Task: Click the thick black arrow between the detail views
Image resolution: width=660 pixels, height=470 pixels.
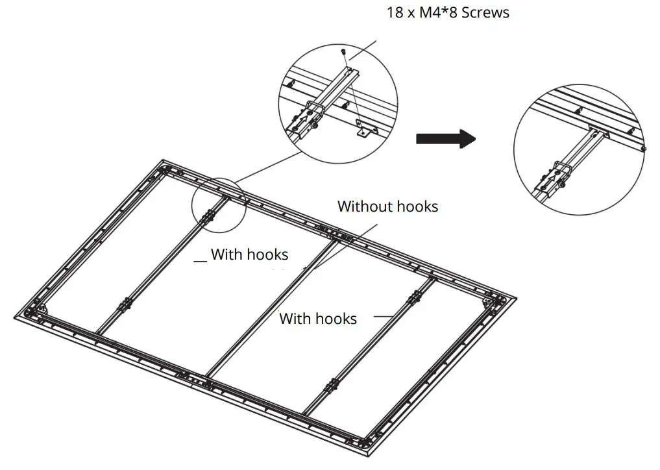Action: pyautogui.click(x=445, y=138)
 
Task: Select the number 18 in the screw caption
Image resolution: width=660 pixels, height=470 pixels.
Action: pyautogui.click(x=395, y=12)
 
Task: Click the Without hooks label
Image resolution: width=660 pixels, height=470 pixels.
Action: pyautogui.click(x=387, y=206)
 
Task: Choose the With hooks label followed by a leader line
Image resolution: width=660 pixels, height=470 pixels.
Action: pyautogui.click(x=317, y=318)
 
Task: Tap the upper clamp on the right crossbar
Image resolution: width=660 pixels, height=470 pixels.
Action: pyautogui.click(x=413, y=299)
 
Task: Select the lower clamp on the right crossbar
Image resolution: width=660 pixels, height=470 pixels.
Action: pyautogui.click(x=332, y=387)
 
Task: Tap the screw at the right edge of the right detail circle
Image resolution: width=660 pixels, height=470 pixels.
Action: pyautogui.click(x=642, y=149)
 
